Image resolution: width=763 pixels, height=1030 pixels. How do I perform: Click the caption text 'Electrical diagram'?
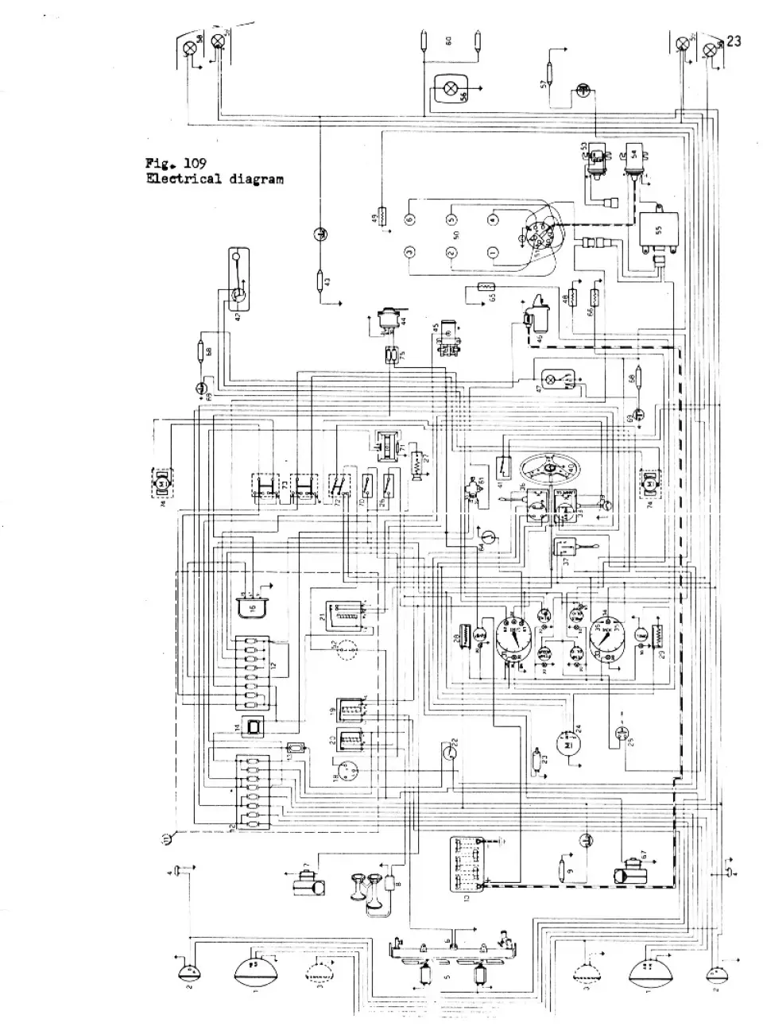(214, 179)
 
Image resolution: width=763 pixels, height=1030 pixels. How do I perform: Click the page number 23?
(733, 41)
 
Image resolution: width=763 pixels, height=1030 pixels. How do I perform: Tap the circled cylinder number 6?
(409, 219)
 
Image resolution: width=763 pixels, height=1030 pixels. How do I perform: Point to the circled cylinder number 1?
(493, 253)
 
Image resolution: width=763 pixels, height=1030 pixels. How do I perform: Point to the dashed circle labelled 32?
(345, 649)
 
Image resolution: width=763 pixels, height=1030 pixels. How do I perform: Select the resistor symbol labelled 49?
(383, 216)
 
